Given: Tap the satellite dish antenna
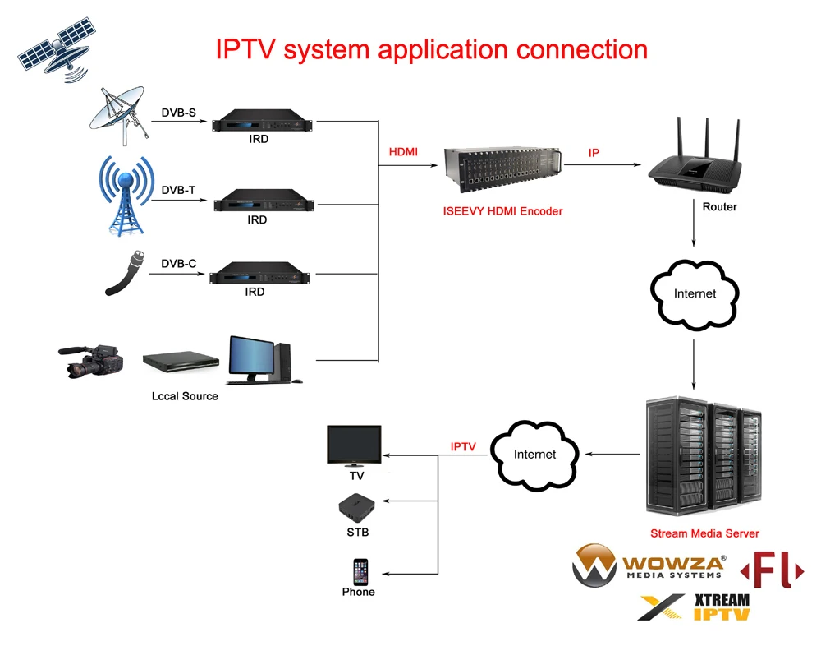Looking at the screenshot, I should point(120,115).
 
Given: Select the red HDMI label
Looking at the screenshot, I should point(403,152).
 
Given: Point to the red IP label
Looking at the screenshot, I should point(594,154).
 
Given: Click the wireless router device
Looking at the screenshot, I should point(694,160).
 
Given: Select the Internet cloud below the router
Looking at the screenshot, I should point(695,293).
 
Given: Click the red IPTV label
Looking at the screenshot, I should point(463,446).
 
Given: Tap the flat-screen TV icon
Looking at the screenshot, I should point(354,446).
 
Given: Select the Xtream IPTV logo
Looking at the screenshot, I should point(695,607).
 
